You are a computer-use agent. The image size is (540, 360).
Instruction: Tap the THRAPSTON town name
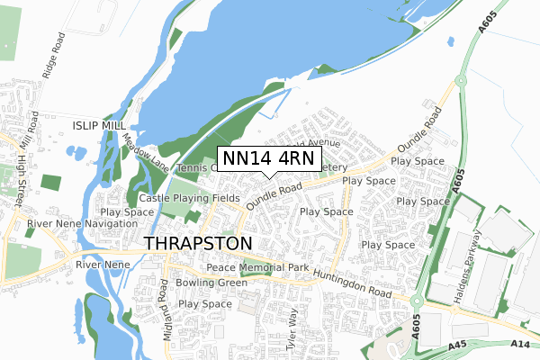click(x=199, y=244)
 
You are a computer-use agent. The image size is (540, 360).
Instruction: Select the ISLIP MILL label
click(x=101, y=127)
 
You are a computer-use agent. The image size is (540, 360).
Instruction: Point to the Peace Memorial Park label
click(x=257, y=268)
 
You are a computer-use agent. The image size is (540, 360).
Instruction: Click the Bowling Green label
click(x=211, y=283)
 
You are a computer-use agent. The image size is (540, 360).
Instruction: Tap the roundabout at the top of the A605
click(x=460, y=79)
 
